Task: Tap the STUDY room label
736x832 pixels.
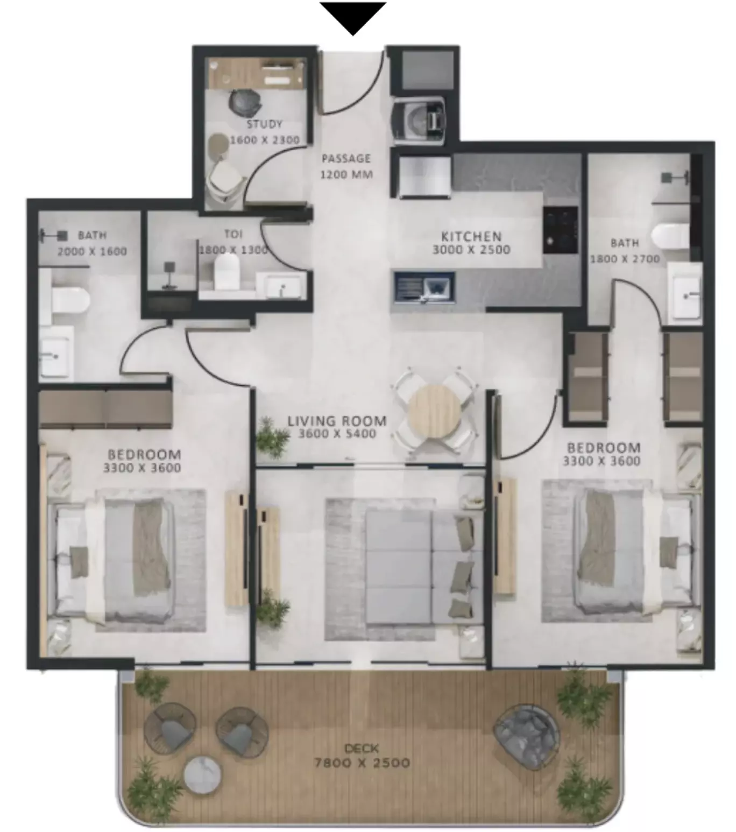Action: point(265,124)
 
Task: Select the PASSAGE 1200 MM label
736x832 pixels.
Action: point(346,166)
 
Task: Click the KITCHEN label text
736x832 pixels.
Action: point(471,236)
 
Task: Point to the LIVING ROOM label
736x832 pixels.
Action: point(337,421)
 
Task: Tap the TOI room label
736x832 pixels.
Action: point(233,234)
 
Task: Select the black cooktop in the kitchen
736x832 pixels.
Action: point(560,230)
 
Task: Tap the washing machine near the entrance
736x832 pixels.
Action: point(419,120)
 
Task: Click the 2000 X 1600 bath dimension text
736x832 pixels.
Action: point(92,251)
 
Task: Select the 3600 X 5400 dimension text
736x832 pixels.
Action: point(337,434)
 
